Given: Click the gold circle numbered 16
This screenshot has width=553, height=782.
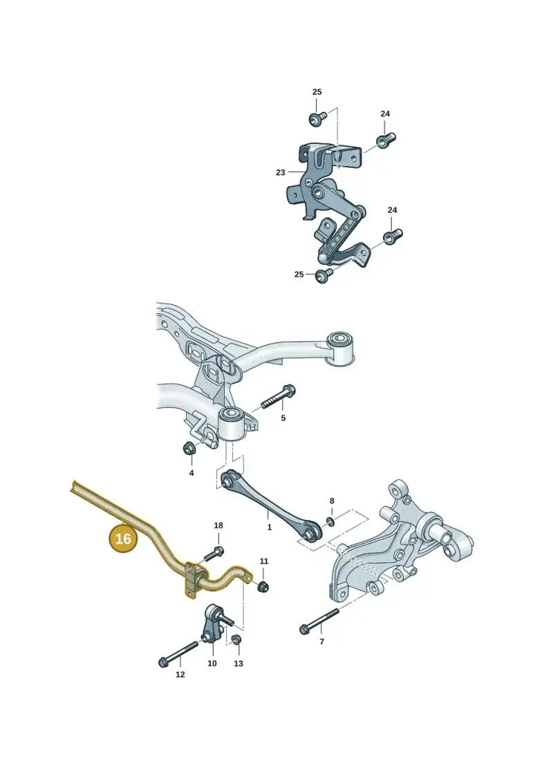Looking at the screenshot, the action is pos(123,539).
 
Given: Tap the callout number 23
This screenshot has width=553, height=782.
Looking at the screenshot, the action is pos(281,173).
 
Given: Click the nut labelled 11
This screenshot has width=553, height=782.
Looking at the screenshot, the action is pos(262,586).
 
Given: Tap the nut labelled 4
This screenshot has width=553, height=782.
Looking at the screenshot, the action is pos(189,448).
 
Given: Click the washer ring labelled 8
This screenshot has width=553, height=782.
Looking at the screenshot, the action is pos(330,522).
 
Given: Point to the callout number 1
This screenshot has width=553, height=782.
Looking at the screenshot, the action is pos(270,527).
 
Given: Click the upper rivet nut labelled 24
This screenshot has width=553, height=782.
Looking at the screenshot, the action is pos(386,139).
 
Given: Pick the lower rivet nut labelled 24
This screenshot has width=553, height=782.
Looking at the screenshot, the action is pos(393,235).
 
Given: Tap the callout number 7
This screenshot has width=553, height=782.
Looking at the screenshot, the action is pos(321,642).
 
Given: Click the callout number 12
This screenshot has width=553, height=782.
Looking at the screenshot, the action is pos(180,674).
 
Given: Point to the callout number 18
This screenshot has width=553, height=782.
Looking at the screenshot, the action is pos(218,525).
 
